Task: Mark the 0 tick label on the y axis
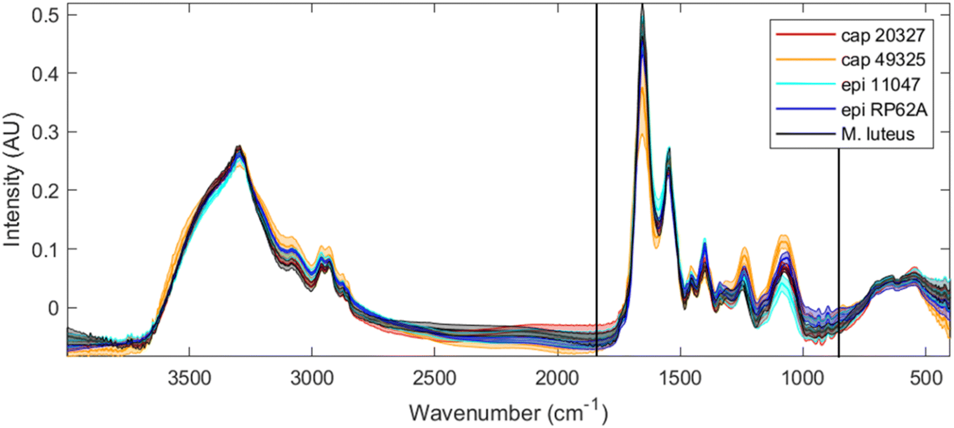tap(54, 308)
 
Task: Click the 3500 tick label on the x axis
tap(189, 378)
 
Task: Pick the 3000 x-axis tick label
tap(312, 378)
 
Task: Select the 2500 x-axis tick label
tap(435, 378)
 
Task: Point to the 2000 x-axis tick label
tap(558, 378)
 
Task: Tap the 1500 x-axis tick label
tap(681, 378)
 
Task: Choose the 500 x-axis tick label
tap(926, 378)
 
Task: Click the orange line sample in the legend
tap(805, 59)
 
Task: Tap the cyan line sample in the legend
tap(805, 84)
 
